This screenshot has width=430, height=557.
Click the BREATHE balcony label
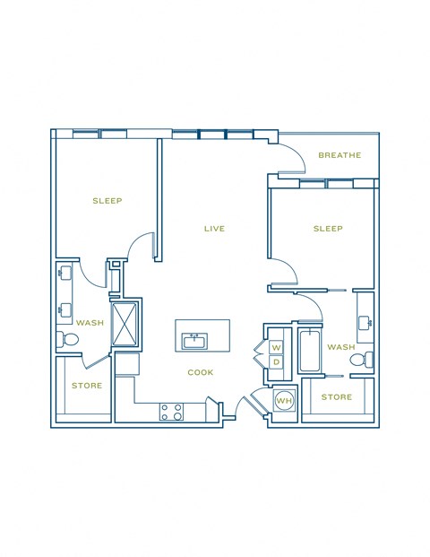pyautogui.click(x=340, y=155)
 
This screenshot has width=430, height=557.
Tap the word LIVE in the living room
pyautogui.click(x=213, y=229)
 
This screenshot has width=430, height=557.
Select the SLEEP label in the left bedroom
pyautogui.click(x=107, y=201)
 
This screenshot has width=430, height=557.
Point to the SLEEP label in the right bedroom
pyautogui.click(x=328, y=229)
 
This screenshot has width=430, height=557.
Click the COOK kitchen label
pyautogui.click(x=200, y=372)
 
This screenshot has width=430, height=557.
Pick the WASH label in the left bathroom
pyautogui.click(x=89, y=323)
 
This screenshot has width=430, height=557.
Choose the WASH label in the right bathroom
pyautogui.click(x=340, y=347)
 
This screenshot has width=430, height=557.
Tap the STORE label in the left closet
pyautogui.click(x=87, y=386)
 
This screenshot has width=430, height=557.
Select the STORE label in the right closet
pyautogui.click(x=336, y=396)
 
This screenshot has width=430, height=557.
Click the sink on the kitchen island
pyautogui.click(x=194, y=341)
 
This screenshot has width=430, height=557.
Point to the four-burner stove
pyautogui.click(x=171, y=412)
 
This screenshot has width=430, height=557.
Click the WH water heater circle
pyautogui.click(x=284, y=400)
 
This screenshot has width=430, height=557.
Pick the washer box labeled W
pyautogui.click(x=276, y=346)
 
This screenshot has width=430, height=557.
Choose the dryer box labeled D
pyautogui.click(x=276, y=361)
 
